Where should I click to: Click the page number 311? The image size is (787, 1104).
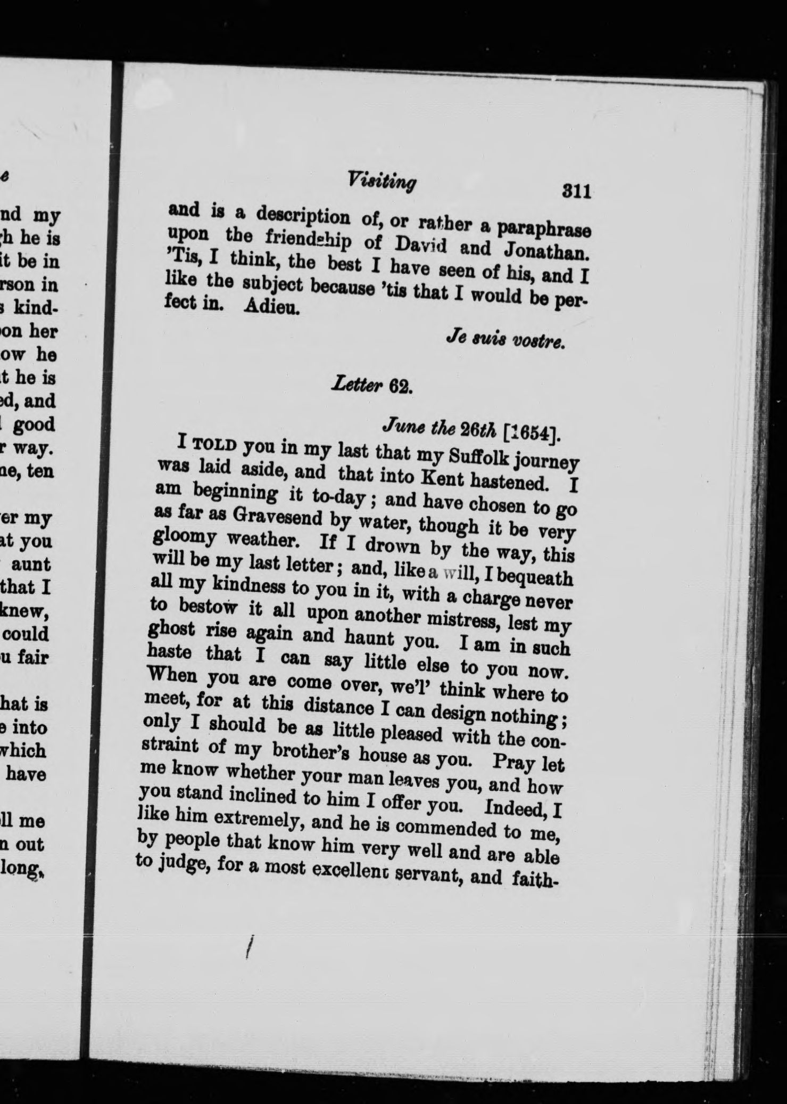click(x=577, y=191)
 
